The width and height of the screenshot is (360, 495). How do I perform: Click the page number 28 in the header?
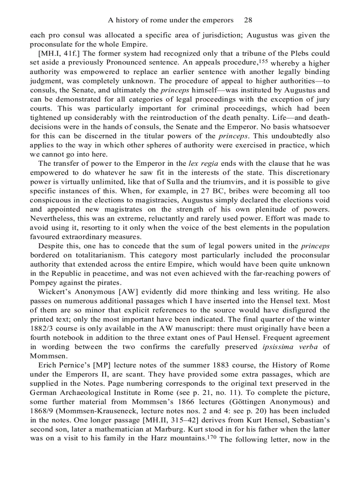click(x=248, y=20)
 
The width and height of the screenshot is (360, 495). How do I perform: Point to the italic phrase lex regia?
click(x=202, y=163)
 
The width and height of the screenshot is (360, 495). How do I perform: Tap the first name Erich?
click(x=48, y=365)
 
